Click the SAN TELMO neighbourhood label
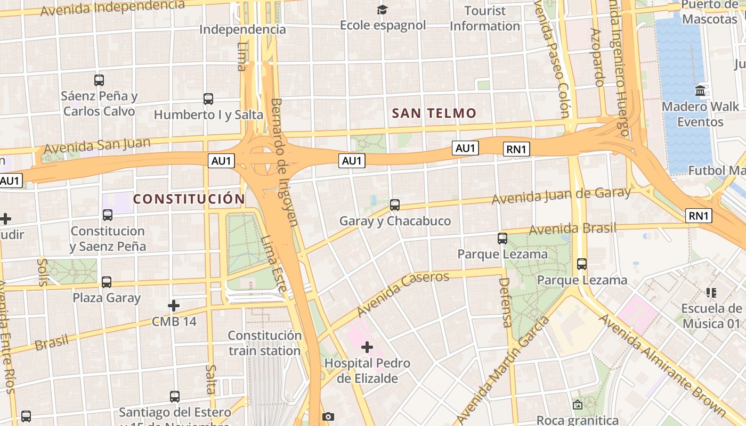click(x=434, y=113)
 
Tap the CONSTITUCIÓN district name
click(x=189, y=199)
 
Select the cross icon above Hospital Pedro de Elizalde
click(x=367, y=348)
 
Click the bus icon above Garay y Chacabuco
click(x=395, y=204)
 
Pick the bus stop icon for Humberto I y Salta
click(x=208, y=99)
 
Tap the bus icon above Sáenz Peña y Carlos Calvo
click(x=99, y=80)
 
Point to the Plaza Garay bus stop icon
click(x=107, y=282)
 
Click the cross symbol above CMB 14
click(x=174, y=306)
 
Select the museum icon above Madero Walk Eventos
click(x=700, y=91)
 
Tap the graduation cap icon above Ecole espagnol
click(x=383, y=10)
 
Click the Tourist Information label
click(x=485, y=18)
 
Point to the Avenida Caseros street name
click(x=403, y=293)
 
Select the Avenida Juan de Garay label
click(x=561, y=195)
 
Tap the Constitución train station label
click(x=265, y=343)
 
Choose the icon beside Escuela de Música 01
click(x=711, y=292)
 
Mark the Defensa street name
click(x=506, y=302)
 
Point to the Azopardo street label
click(x=597, y=56)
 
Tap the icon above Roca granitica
click(x=578, y=405)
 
